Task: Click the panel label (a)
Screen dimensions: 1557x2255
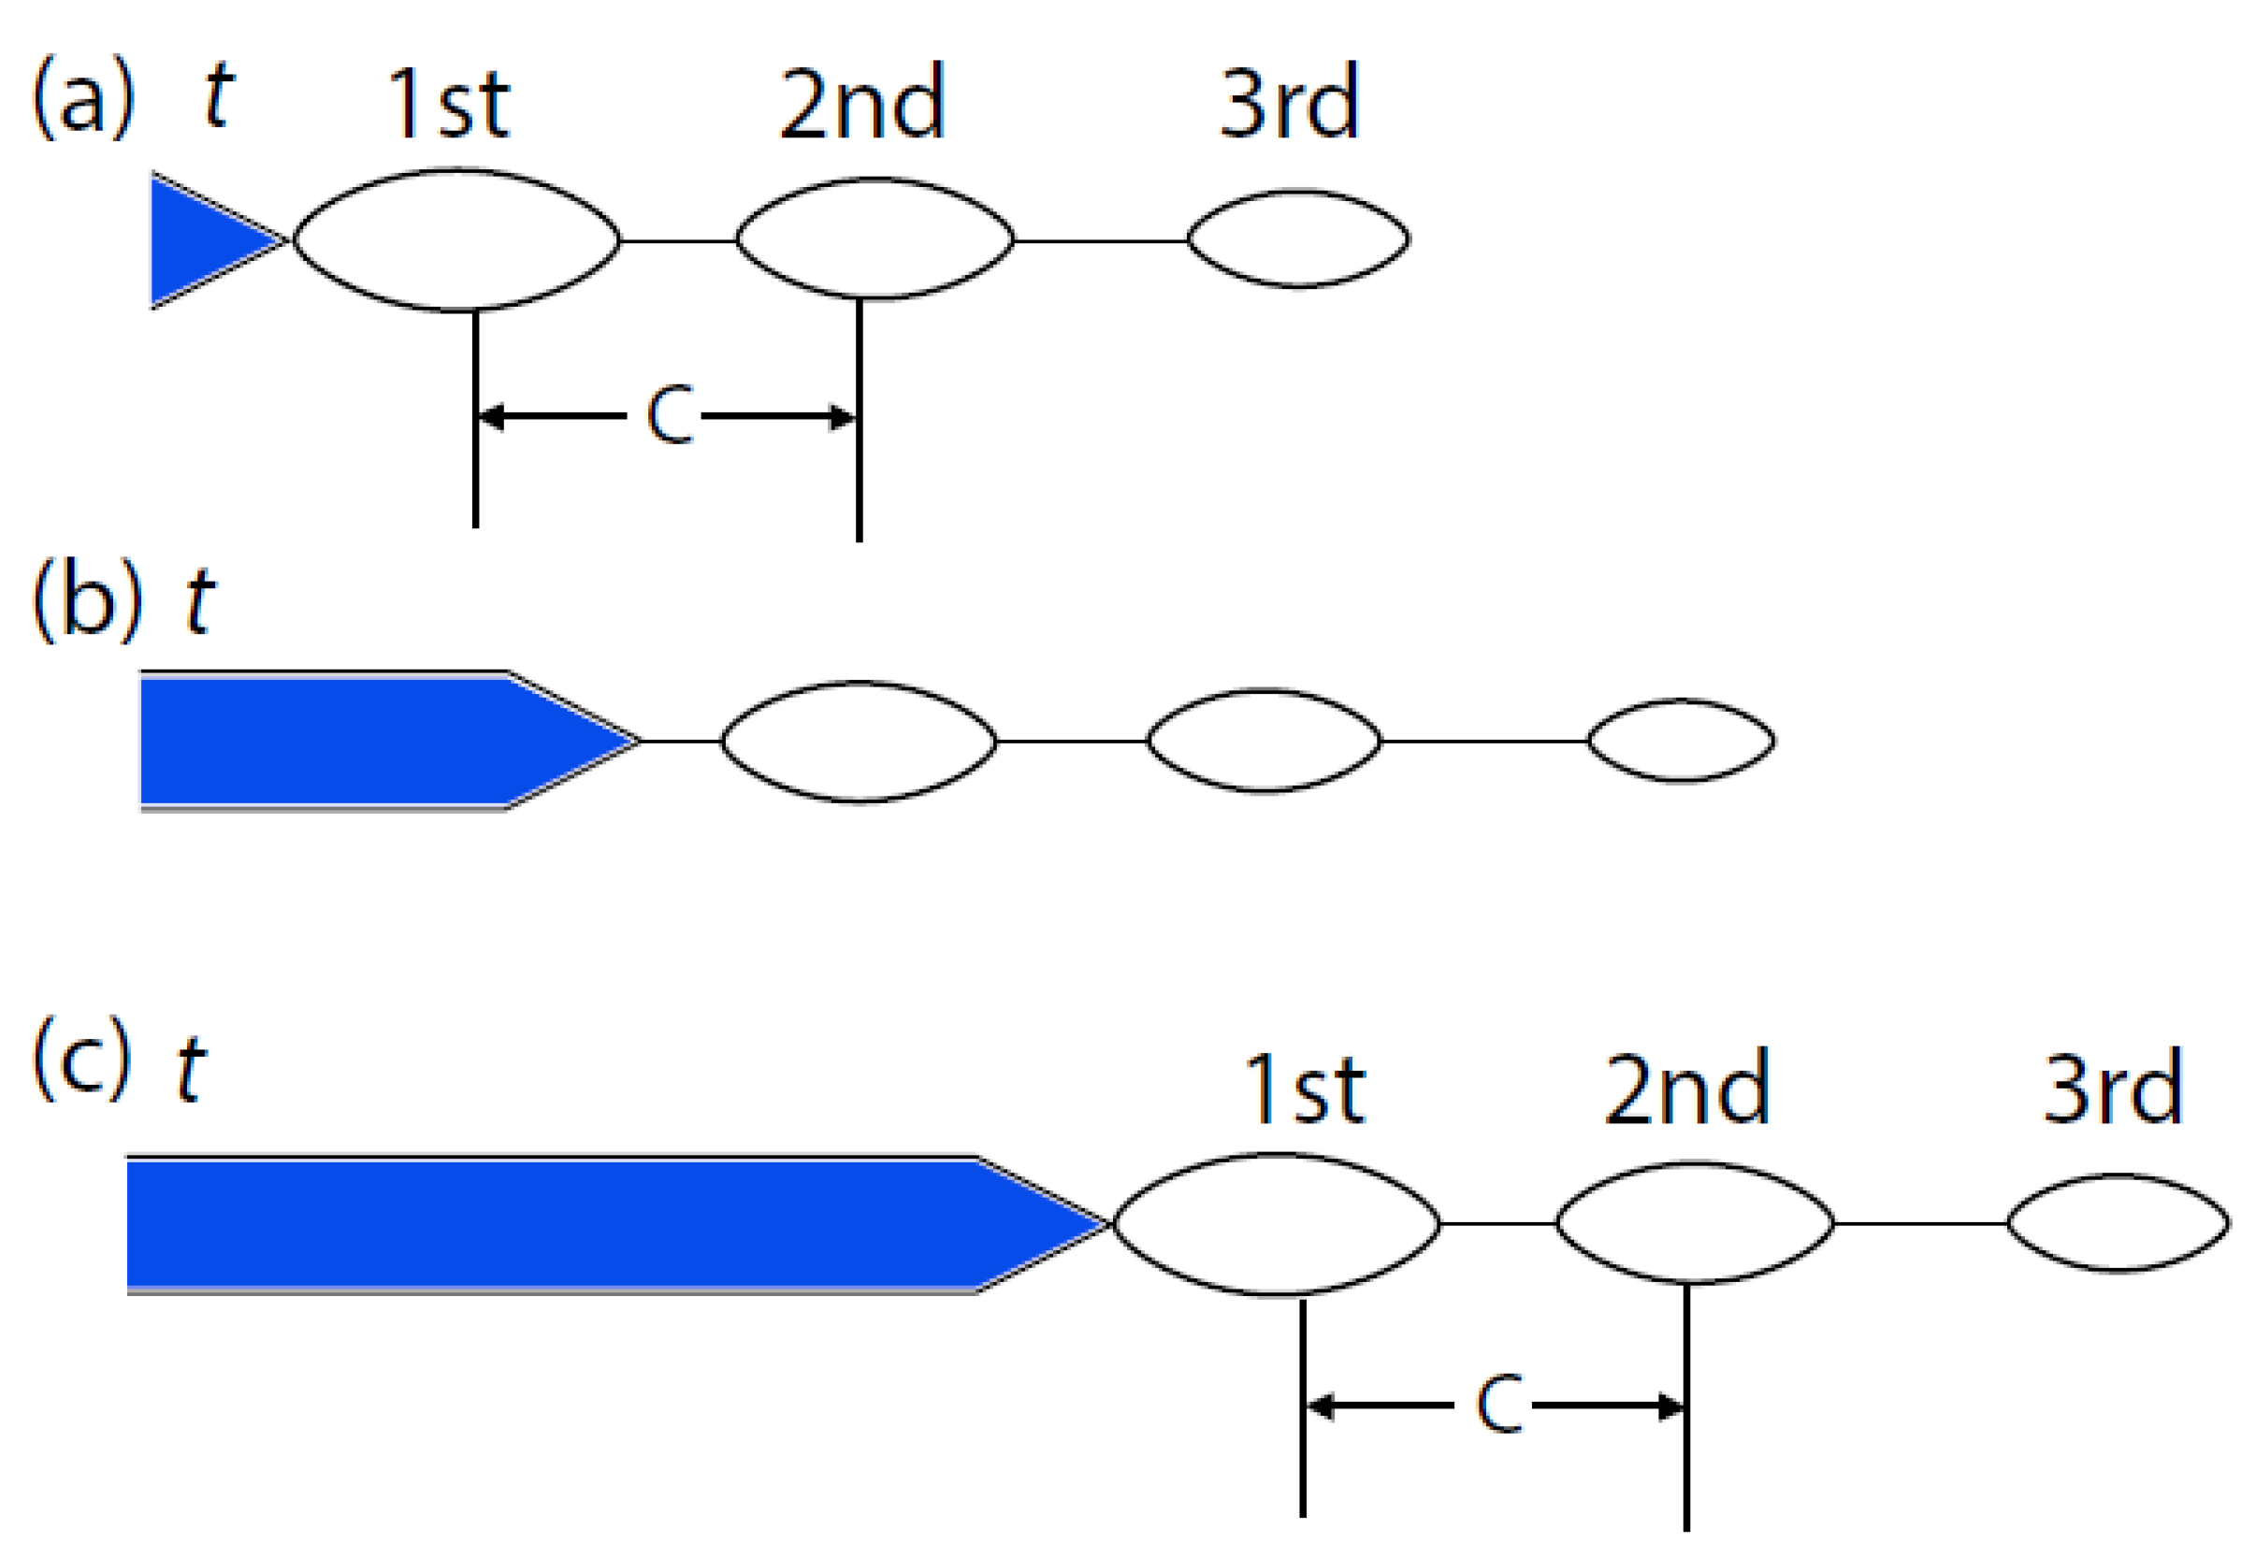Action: [82, 97]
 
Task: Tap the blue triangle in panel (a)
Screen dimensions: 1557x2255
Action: [205, 240]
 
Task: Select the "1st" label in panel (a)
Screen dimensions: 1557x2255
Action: [448, 104]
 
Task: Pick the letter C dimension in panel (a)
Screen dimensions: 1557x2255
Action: [670, 415]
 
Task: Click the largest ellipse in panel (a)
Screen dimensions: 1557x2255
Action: [456, 240]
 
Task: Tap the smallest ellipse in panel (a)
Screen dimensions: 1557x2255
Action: [1298, 239]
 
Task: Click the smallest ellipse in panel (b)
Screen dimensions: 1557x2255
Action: [1681, 741]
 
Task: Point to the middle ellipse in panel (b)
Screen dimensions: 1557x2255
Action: [1264, 741]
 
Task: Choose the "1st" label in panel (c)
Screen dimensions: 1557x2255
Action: [1304, 1088]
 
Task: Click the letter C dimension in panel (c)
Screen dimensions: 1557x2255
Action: [1498, 1405]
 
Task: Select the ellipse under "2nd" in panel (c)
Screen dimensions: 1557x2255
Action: [1695, 1222]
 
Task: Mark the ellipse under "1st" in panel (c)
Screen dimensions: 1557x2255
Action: [1277, 1223]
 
